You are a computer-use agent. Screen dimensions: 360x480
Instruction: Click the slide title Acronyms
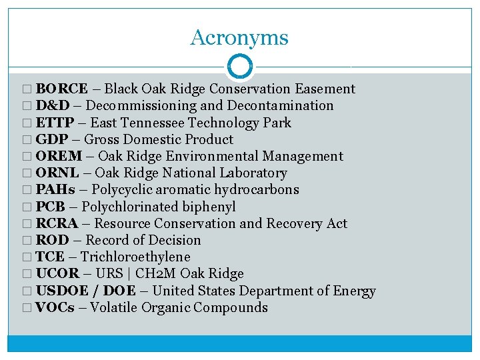point(239,37)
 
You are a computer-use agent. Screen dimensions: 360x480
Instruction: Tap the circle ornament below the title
point(239,67)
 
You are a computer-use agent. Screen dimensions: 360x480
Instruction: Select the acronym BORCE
point(62,89)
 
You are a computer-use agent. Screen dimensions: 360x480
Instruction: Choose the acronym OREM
point(59,156)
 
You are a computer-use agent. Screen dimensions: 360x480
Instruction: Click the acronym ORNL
point(59,173)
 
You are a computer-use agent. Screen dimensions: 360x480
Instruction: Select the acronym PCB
point(50,207)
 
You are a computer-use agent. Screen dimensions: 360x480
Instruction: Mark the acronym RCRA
point(57,223)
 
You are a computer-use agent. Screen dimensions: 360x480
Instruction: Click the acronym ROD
point(53,240)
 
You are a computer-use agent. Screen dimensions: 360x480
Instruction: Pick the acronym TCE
point(50,257)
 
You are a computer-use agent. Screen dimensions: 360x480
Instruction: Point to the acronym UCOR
point(57,273)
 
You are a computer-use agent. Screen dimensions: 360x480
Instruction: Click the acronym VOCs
point(55,307)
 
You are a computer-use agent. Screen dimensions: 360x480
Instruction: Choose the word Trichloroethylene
point(135,257)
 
